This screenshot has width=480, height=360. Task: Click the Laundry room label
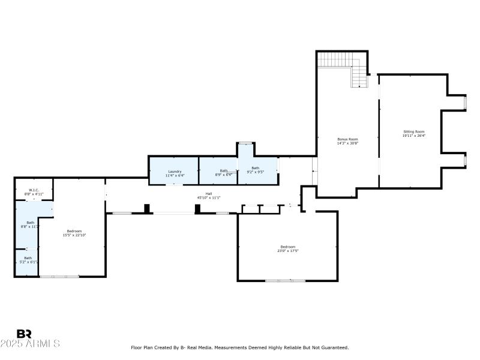coord(175,171)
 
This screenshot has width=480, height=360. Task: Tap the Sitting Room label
coord(413,131)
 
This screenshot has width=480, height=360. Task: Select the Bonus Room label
coord(347,139)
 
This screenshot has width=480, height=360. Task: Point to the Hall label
coord(209,193)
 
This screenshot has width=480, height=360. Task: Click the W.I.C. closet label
coord(34,190)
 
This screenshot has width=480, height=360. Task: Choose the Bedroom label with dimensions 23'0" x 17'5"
coord(287,247)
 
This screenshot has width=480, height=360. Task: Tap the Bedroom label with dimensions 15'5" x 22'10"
coord(74,231)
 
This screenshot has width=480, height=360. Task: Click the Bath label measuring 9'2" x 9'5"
coord(256,168)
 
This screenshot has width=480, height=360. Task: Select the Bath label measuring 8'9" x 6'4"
coord(223,170)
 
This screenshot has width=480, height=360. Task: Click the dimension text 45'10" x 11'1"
coord(209,197)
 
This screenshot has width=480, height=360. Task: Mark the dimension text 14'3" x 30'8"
coord(347,143)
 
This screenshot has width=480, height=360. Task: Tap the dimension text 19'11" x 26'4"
coord(413,136)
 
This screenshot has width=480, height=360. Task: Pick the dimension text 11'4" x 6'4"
coord(175,175)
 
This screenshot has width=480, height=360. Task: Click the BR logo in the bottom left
coord(24,334)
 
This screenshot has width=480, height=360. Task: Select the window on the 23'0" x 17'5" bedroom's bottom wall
coord(286,280)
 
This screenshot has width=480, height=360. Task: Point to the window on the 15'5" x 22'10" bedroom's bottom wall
coord(59,277)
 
